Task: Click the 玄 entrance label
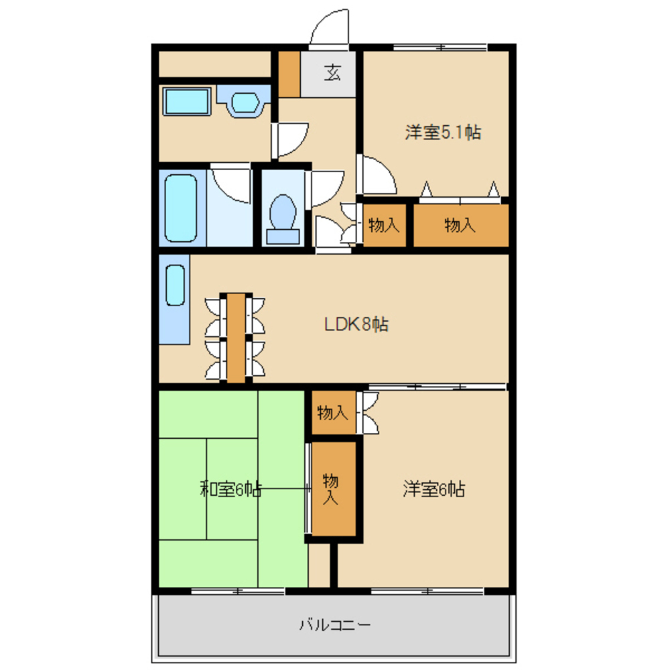332,72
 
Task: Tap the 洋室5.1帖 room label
443,132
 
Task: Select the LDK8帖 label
356,324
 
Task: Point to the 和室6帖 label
230,489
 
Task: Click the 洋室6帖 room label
433,489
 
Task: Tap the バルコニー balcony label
334,625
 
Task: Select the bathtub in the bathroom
181,208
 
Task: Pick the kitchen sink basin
175,285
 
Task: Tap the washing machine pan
187,101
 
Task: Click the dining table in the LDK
236,338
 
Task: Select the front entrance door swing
330,27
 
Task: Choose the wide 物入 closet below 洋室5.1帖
461,225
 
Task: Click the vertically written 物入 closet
334,489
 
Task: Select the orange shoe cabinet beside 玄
289,74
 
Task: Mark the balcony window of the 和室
238,592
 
